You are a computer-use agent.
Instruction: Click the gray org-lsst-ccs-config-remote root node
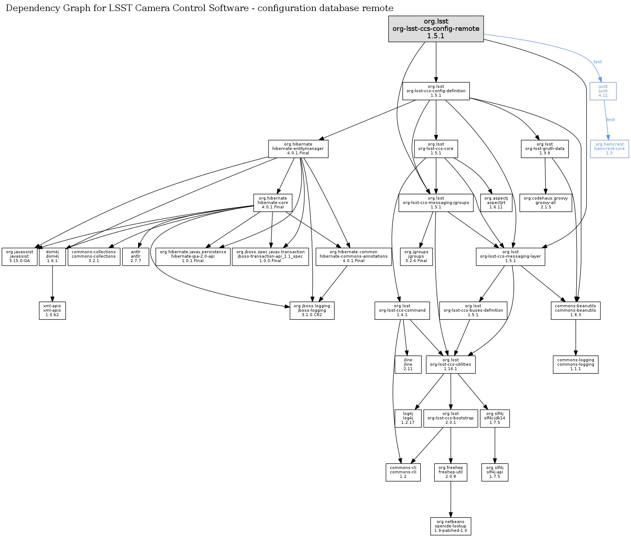coord(436,29)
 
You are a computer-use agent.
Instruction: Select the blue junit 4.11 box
coord(603,91)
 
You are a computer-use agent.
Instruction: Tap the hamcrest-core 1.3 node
coord(609,149)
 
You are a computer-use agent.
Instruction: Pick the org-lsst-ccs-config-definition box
coord(436,91)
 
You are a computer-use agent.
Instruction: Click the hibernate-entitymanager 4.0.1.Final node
coord(298,149)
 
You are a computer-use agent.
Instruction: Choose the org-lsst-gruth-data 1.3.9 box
coord(545,149)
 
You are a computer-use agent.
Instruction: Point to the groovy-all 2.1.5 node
coord(546,203)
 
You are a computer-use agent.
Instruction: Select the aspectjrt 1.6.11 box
coord(496,203)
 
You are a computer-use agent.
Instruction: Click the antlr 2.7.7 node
coord(136,257)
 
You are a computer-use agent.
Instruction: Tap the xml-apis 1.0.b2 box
coord(52,311)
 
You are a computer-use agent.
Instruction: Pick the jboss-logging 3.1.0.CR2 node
coord(312,311)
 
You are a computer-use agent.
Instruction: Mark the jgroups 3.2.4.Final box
coord(416,257)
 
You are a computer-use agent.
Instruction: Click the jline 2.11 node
coord(408,365)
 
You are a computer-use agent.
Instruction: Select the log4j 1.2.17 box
coord(408,418)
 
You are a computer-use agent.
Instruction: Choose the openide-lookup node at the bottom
coord(451,526)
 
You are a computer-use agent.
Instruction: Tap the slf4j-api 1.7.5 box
coord(495,472)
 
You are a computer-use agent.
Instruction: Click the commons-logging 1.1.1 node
coord(576,365)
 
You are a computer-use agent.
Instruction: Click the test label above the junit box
coord(598,62)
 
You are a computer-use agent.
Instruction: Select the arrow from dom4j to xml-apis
coord(52,283)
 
